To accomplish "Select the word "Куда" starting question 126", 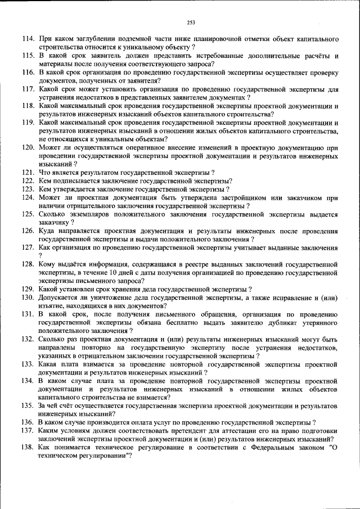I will point(47,231).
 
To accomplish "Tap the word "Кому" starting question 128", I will point(48,264).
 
